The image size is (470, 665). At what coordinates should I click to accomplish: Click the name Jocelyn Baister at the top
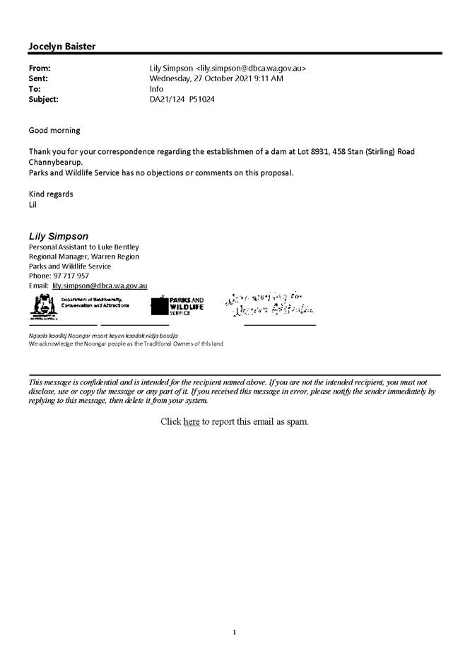tap(62, 47)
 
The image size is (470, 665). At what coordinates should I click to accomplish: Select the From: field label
tap(40, 69)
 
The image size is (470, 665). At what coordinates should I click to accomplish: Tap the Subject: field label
tap(44, 100)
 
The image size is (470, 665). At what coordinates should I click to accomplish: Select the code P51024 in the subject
tap(201, 100)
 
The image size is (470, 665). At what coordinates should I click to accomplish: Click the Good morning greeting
tap(54, 131)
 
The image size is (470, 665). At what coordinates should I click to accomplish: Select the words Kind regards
tap(51, 194)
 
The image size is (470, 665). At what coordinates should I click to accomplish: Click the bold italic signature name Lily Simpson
tap(59, 235)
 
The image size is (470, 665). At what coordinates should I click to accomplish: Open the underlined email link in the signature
tap(100, 286)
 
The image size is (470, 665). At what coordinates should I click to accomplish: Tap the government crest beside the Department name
tap(41, 305)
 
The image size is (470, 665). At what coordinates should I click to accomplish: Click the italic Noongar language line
tap(103, 335)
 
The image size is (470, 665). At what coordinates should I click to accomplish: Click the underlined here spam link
tap(192, 422)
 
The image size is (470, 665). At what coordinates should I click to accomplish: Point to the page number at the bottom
tap(234, 632)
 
